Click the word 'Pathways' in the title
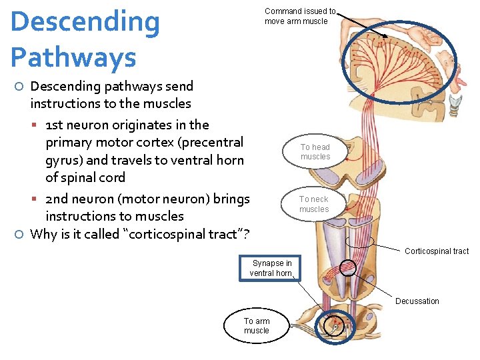pos(73,58)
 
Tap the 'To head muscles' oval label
pos(315,152)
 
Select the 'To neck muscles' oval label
pos(313,204)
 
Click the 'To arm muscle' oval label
pos(256,326)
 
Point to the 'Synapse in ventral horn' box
pos(271,268)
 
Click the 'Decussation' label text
pos(417,301)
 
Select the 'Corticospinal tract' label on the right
pos(436,251)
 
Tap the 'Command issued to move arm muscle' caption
pos(299,16)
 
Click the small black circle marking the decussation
pos(348,268)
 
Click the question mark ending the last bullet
pos(246,234)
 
